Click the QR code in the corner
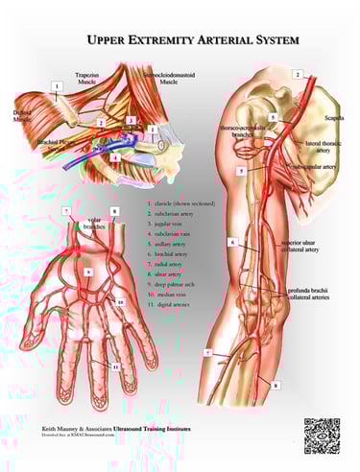(322, 434)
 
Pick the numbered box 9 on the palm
(89, 272)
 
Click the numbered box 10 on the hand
(121, 302)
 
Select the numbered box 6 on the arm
(232, 243)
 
